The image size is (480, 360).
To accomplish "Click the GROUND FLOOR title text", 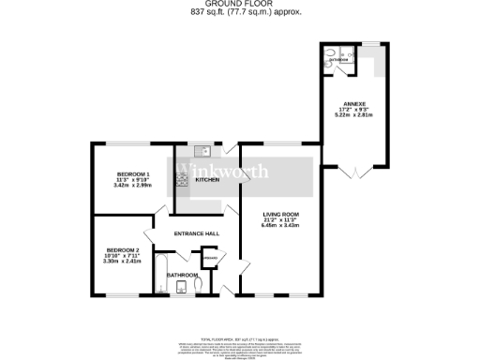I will point(240,4).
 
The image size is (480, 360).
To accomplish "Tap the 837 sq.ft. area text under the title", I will point(240,12).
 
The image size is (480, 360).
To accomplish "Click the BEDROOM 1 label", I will point(133,174).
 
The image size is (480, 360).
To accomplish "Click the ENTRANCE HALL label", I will point(196,232).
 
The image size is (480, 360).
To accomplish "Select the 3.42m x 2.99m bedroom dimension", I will point(133,186).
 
